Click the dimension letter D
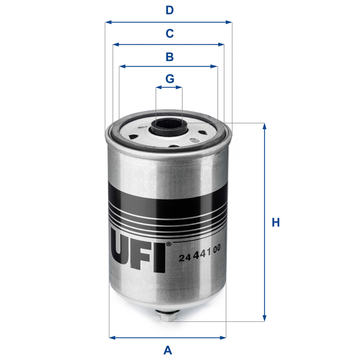tap(170, 10)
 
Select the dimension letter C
tap(170, 33)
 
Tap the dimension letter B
tap(170, 56)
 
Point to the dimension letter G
tap(170, 78)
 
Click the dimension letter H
tap(276, 223)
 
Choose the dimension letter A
tap(168, 350)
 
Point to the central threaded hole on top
tap(170, 129)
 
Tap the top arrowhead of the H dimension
tap(265, 127)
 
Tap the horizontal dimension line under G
tap(170, 87)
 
